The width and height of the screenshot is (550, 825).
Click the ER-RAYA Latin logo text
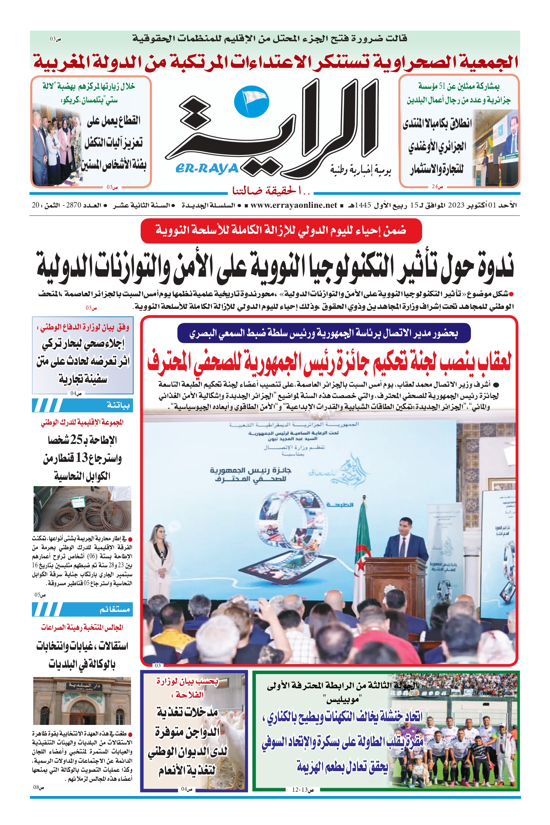(207, 169)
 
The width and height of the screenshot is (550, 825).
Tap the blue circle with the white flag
(251, 101)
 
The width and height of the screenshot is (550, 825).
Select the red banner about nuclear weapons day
(281, 231)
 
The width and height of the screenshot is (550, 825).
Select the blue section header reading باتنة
(82, 405)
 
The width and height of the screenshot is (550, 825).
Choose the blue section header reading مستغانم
(82, 609)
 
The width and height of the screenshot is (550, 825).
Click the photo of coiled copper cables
(82, 509)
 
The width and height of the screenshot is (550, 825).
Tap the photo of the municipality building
(82, 701)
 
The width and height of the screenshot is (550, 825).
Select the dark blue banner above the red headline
(324, 333)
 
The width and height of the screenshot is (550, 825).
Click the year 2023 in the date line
(456, 205)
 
